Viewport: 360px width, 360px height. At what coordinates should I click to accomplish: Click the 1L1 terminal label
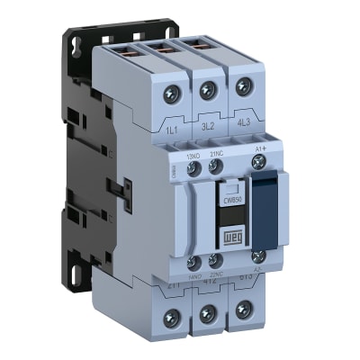(171, 130)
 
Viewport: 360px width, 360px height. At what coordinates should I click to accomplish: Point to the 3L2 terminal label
(207, 127)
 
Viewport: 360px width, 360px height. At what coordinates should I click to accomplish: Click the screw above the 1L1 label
(172, 93)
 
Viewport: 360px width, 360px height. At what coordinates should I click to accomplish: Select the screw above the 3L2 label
(207, 90)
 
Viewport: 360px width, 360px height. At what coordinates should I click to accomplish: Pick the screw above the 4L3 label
(240, 87)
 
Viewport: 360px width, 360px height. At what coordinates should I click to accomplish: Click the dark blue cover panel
(264, 210)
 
